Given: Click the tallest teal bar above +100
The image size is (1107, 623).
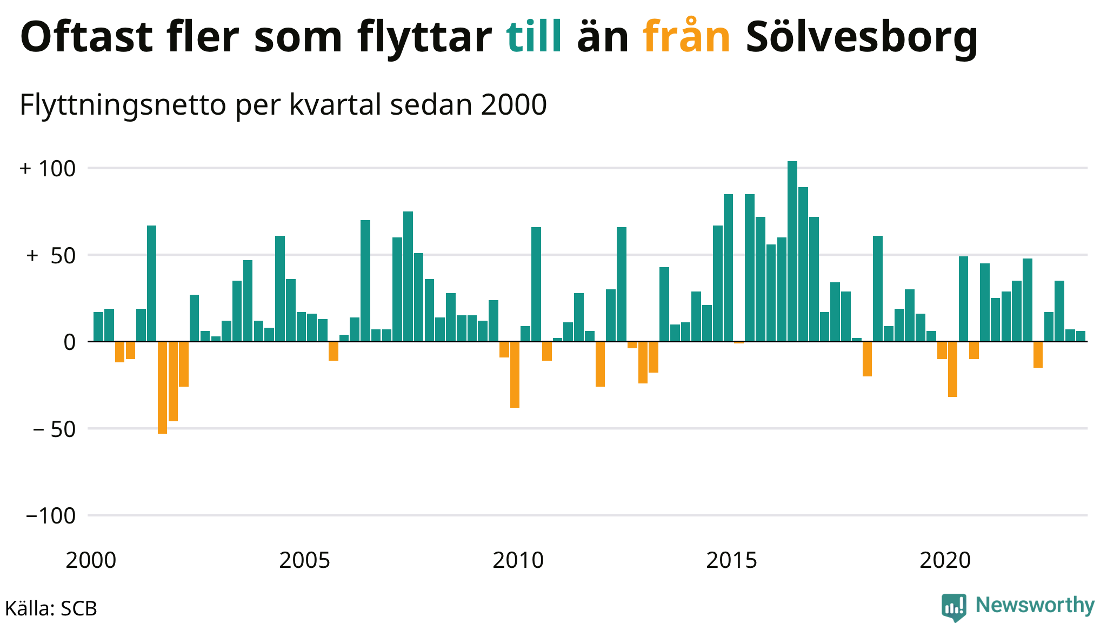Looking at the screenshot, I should tap(792, 251).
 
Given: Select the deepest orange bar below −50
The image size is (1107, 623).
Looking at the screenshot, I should tap(162, 387).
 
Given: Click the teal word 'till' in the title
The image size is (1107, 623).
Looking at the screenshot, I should tap(534, 37).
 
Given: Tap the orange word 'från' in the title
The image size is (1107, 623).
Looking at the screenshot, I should tap(686, 37).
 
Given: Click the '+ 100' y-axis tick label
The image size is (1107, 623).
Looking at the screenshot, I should tap(48, 169).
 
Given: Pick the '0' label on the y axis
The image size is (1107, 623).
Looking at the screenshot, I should tap(69, 342).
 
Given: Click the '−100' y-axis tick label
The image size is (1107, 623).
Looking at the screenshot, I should tap(51, 516).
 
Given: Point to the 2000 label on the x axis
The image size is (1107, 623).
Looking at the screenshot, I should tap(91, 561).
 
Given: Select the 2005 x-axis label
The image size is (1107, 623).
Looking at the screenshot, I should tap(304, 561).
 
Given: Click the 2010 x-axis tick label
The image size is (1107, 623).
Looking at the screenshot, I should tap(518, 561).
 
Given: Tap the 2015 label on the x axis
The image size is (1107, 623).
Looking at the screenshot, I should tap(731, 561).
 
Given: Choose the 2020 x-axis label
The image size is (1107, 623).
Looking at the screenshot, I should tap(945, 561).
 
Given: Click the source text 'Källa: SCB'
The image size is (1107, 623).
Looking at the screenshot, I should tap(51, 608).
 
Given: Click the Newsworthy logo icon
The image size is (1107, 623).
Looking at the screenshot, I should tap(953, 607).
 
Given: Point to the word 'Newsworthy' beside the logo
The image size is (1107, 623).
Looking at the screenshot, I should tap(1035, 605).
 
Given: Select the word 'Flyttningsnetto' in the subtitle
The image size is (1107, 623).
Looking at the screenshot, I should tap(122, 105).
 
